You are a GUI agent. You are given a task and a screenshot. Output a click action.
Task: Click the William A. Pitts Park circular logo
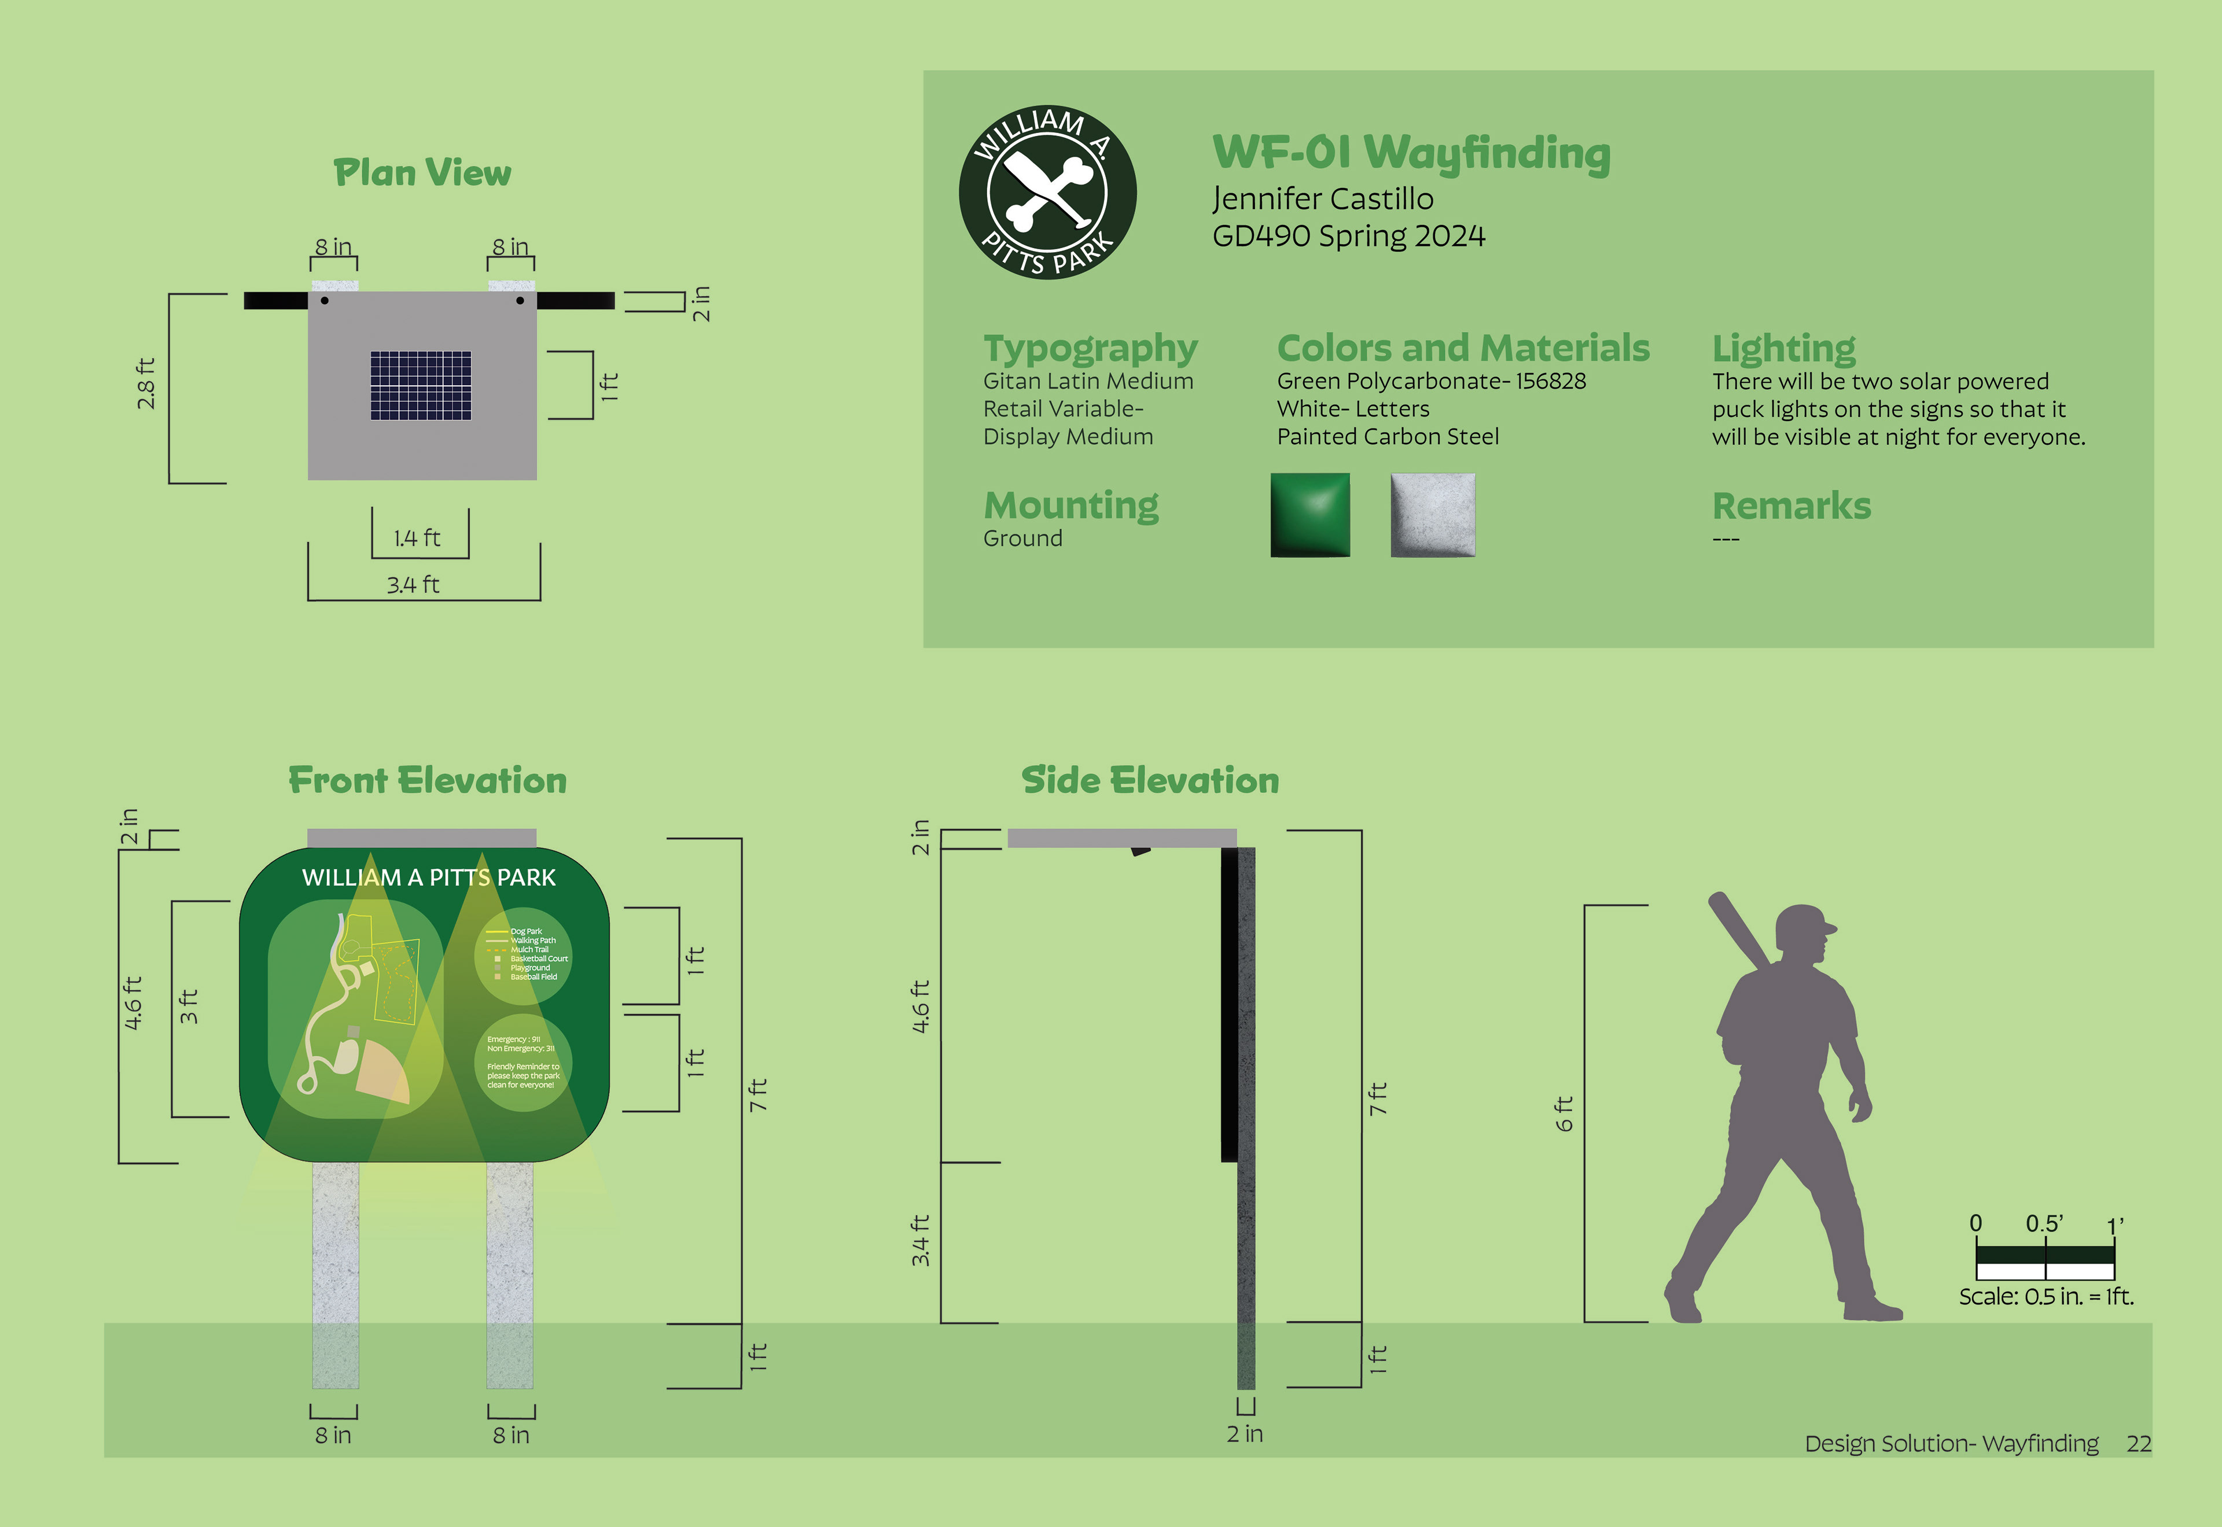click(x=1048, y=192)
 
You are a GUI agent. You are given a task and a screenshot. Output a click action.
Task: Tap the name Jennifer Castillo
click(x=1322, y=199)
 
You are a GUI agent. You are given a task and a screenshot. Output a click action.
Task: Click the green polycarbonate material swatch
click(x=1310, y=515)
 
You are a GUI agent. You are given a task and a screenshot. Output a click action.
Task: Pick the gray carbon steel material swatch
click(x=1433, y=515)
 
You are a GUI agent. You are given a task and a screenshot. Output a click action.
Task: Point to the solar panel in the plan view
click(x=421, y=386)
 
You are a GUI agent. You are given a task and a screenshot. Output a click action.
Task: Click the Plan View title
click(x=422, y=173)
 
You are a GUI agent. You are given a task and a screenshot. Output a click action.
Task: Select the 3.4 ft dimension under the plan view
click(x=413, y=585)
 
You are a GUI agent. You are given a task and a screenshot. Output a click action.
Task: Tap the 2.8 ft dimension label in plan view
click(x=145, y=383)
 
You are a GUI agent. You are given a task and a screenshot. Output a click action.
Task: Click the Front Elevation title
click(x=428, y=781)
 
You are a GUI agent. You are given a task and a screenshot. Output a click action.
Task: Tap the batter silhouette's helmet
click(x=1804, y=925)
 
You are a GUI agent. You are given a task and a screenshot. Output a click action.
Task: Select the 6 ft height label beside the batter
click(x=1564, y=1113)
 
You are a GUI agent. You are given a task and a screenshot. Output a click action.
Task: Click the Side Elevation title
click(x=1150, y=781)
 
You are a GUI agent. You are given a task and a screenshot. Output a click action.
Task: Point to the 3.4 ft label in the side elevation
click(x=919, y=1241)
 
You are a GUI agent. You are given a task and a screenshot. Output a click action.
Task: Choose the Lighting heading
click(x=1784, y=348)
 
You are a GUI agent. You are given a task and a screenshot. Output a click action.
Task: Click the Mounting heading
click(x=1071, y=505)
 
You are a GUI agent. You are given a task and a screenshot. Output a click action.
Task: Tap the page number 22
click(x=2139, y=1444)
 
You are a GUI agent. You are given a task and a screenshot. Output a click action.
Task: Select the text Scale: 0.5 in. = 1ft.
click(x=2046, y=1296)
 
